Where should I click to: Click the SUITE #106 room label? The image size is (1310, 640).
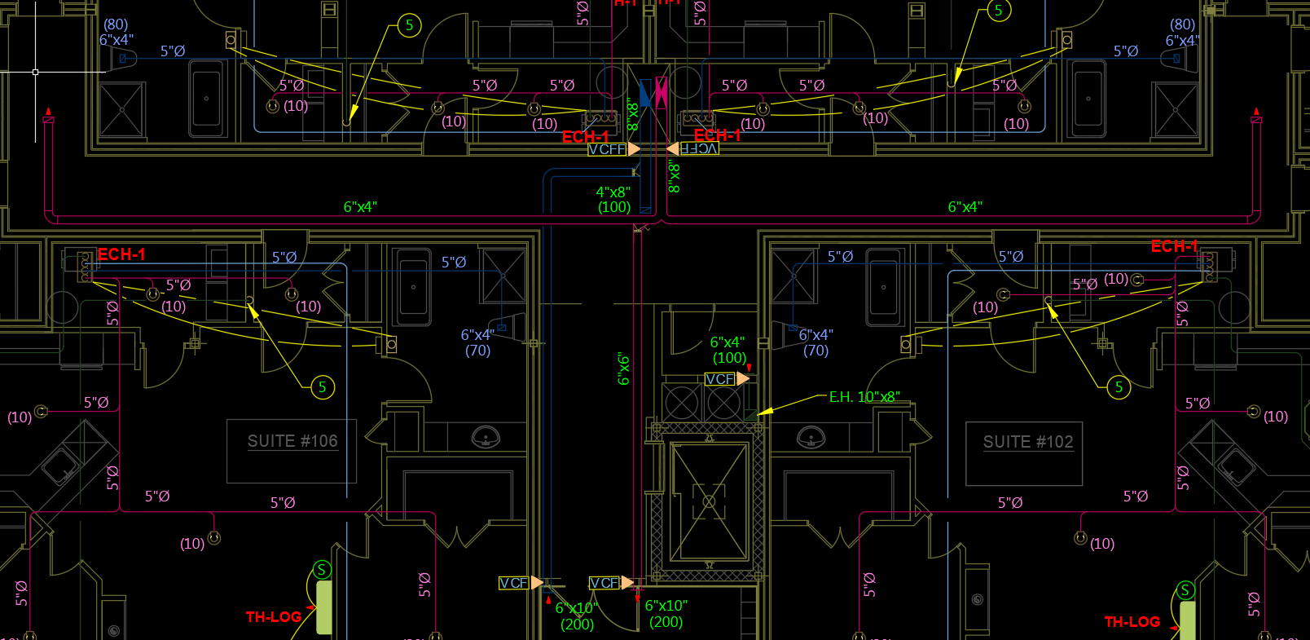coord(292,441)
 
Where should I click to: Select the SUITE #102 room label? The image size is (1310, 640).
coord(1028,442)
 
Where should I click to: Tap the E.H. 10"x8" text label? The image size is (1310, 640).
coord(864,397)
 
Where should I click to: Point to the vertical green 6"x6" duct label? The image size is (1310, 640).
coord(624,369)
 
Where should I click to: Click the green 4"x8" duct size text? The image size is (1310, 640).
coord(613,192)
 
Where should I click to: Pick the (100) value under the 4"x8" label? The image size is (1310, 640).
coord(614,207)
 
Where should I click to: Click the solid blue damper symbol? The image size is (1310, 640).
coord(645,93)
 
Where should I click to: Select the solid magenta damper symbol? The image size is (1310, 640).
coord(662,93)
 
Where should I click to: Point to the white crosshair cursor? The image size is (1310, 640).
coord(35,72)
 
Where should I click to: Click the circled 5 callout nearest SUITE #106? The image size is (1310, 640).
coord(323,387)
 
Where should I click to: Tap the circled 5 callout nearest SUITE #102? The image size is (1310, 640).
coord(1119,387)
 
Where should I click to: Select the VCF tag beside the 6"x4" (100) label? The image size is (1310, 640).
coord(719,379)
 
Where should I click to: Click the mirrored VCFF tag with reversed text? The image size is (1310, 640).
coord(699,149)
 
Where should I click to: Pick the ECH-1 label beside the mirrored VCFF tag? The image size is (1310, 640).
coord(717,135)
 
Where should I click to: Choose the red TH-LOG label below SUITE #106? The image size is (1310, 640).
coord(274,617)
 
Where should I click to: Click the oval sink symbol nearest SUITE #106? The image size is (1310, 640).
coord(486,438)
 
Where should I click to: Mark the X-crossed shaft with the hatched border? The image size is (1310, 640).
coord(709,501)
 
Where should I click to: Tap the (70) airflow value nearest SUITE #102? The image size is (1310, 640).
coord(815,351)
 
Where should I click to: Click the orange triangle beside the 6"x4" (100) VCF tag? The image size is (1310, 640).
coord(743,378)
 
